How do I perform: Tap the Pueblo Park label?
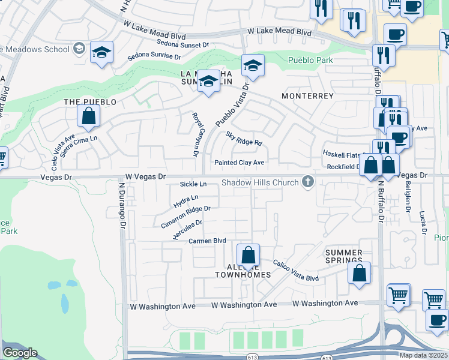(310, 60)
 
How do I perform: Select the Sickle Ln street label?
(194, 184)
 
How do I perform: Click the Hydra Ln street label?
(185, 200)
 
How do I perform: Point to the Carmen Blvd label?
(207, 241)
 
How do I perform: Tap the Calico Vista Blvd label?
(296, 271)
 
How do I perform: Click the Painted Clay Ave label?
(240, 163)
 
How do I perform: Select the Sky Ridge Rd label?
(244, 139)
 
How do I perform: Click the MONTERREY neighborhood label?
(307, 96)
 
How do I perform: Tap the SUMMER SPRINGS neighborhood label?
(344, 257)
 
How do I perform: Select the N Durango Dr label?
(121, 205)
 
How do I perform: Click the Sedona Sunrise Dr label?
(154, 57)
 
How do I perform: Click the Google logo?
(20, 353)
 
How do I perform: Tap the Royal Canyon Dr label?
(194, 135)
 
